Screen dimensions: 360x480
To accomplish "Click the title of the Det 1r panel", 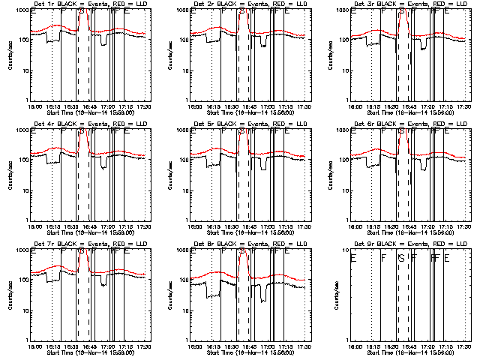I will coord(88,4).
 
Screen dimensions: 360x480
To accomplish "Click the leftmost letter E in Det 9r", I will coord(353,258).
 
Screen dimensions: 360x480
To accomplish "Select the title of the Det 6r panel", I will coord(409,124).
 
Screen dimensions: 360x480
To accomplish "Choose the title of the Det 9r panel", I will coord(409,244).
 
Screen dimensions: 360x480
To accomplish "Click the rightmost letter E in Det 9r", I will coord(447,258).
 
